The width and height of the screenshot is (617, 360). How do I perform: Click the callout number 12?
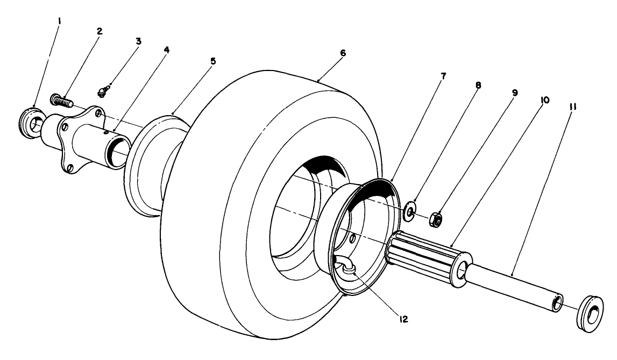click(403, 319)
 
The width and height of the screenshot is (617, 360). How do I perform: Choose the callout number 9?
click(515, 93)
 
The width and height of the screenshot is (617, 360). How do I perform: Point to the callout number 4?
click(166, 49)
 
